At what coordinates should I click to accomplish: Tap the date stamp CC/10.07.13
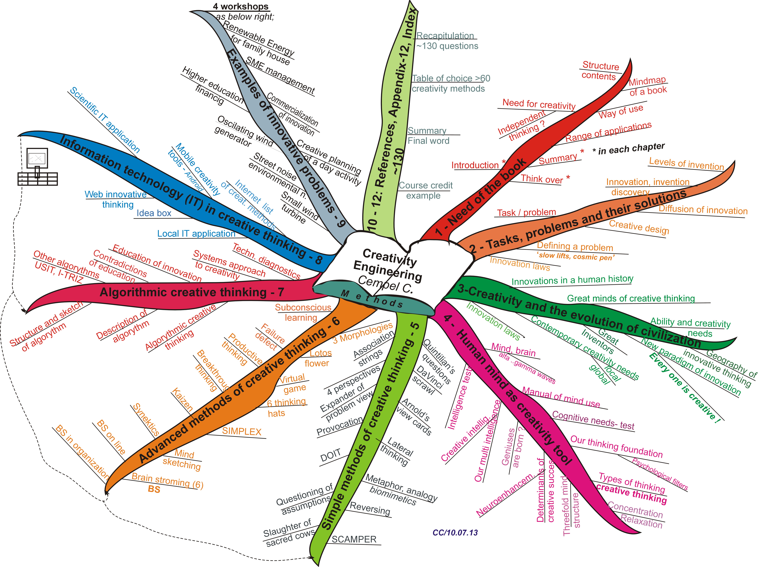(x=455, y=532)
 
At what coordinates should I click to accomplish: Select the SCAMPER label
(x=354, y=539)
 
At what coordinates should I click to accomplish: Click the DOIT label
(x=330, y=456)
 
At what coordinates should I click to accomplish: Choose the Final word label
(x=428, y=141)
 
